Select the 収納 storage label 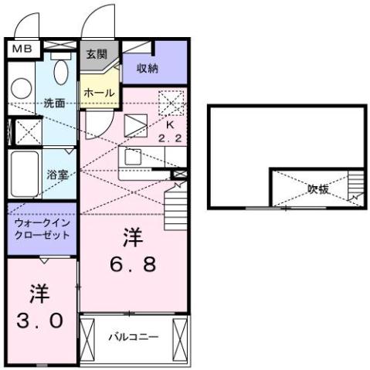(148, 68)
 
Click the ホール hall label (100, 93)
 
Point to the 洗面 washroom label (54, 102)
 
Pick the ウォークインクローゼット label (42, 229)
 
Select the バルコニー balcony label (133, 337)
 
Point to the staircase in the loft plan (355, 185)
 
